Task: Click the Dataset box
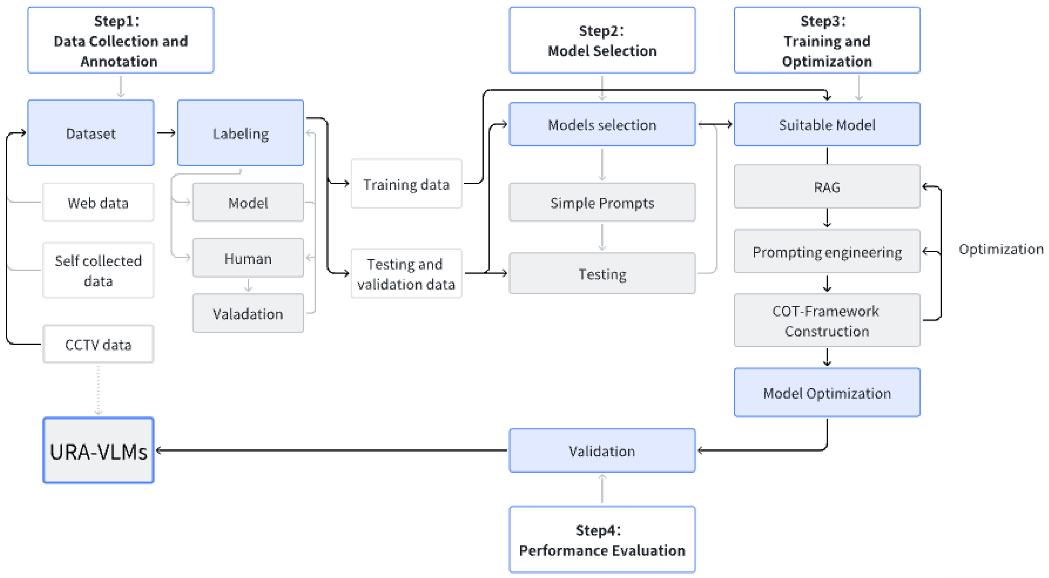click(90, 133)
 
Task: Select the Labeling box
click(240, 133)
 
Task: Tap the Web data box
click(98, 202)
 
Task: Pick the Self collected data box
click(98, 270)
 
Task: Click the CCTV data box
click(98, 344)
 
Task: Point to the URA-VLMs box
click(98, 451)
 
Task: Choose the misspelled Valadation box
click(248, 313)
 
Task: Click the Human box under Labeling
click(248, 258)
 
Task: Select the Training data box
click(406, 184)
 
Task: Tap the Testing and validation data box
click(406, 274)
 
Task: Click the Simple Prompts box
click(602, 202)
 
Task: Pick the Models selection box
click(602, 124)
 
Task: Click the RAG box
click(827, 187)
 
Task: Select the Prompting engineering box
click(827, 252)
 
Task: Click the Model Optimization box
click(827, 393)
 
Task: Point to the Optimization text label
click(1001, 249)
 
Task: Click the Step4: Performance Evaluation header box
click(602, 540)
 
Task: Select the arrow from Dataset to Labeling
click(166, 133)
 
